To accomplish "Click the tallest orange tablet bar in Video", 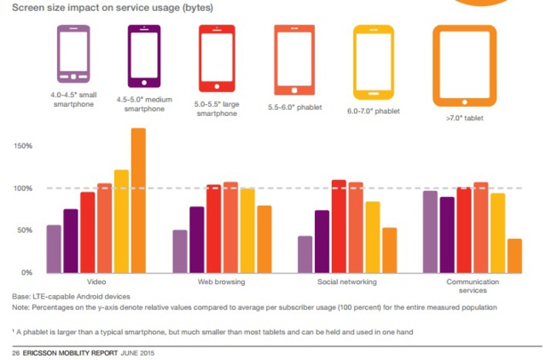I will (137, 200).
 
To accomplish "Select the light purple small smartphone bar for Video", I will (54, 248).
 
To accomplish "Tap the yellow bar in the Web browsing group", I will (247, 230).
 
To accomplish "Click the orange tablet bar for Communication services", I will (514, 255).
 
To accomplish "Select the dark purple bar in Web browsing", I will (196, 239).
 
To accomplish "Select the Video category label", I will (96, 282).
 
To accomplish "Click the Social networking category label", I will (346, 282).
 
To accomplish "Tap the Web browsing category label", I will (222, 282).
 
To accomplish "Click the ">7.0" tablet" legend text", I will (464, 119).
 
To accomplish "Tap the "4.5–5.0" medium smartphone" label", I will (144, 105).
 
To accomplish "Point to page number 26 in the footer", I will (15, 352).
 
